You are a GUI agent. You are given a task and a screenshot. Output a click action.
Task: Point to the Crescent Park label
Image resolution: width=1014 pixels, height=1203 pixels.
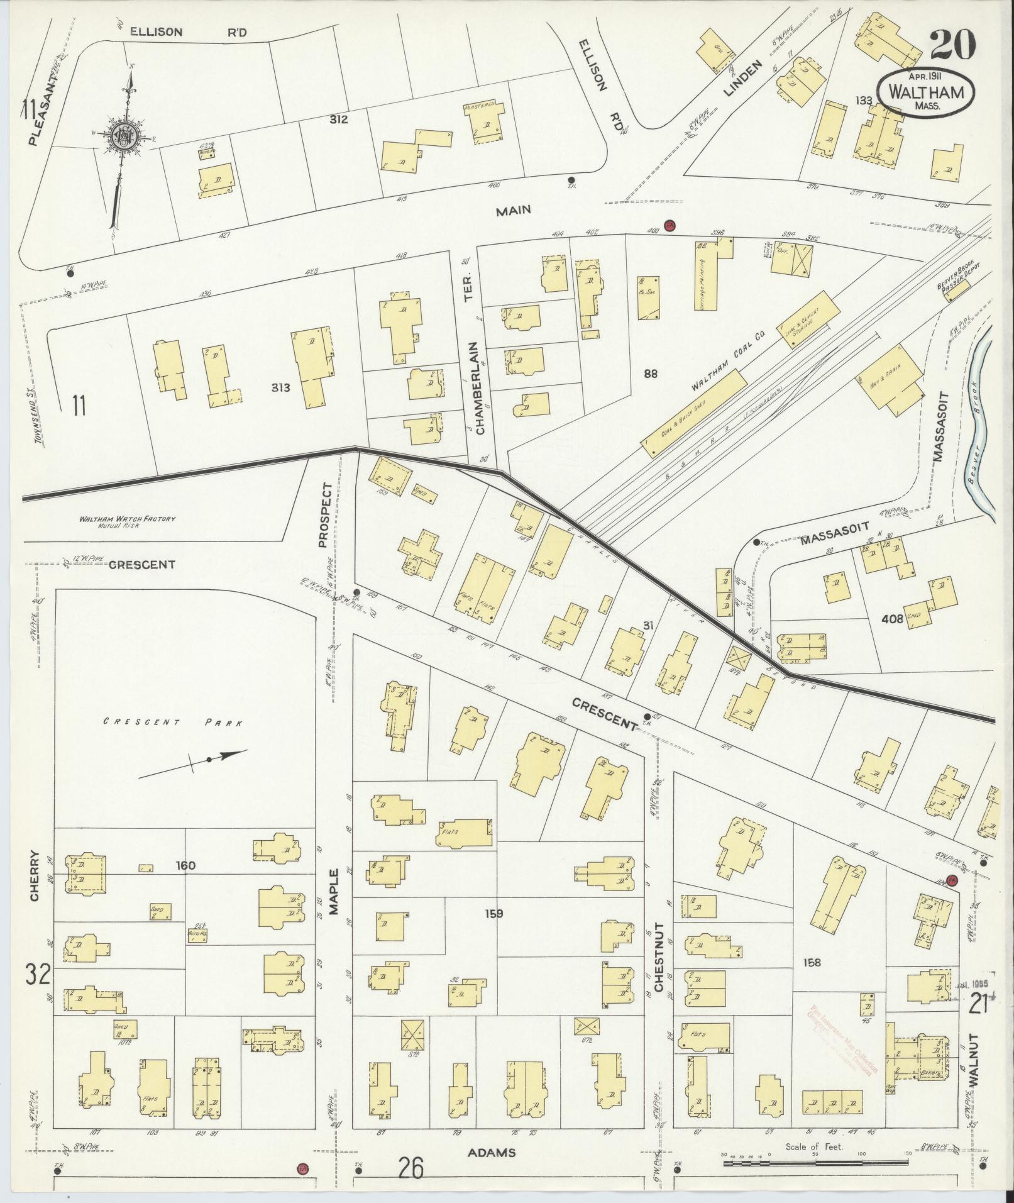point(173,723)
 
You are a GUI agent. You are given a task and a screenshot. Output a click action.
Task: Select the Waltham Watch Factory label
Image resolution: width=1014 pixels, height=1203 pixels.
point(127,521)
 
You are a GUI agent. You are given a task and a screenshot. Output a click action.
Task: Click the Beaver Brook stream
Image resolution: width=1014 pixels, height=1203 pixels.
point(978,428)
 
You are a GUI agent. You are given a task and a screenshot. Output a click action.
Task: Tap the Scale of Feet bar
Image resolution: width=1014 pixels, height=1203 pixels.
point(814,1165)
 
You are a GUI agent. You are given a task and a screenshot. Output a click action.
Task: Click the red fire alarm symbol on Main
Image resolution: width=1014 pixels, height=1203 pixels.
point(670,225)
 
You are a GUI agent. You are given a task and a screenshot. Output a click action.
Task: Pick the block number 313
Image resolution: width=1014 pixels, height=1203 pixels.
point(280,387)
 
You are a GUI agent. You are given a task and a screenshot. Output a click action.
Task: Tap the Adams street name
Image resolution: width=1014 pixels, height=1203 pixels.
point(492,1153)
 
